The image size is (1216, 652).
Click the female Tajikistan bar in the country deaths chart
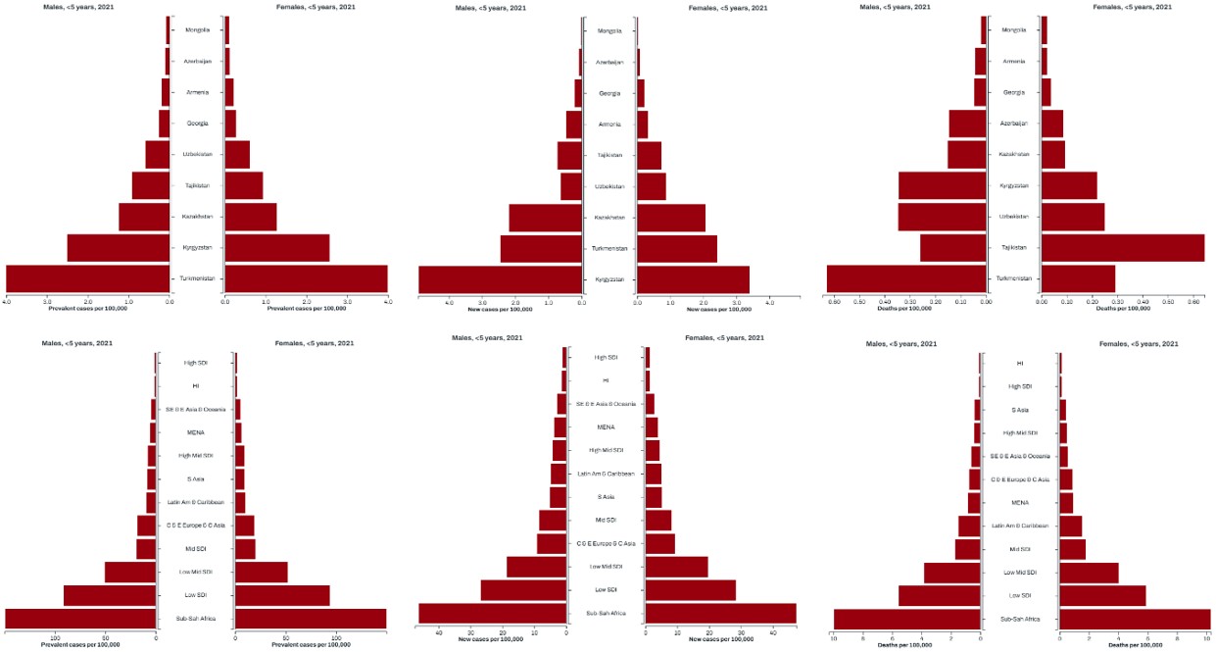[1122, 247]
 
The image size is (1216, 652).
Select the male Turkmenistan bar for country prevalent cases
[88, 278]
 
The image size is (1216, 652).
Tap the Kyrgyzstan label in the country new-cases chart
[609, 279]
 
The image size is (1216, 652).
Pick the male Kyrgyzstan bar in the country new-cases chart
[500, 279]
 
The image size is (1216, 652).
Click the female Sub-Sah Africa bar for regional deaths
[1134, 619]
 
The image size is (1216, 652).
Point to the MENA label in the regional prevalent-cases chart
[195, 432]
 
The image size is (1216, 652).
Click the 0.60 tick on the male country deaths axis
[835, 302]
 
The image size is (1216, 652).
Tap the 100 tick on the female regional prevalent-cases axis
[336, 638]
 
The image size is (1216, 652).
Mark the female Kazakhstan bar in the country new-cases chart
[671, 218]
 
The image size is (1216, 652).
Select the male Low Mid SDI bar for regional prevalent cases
[130, 572]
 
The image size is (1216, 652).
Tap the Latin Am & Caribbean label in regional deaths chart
[1019, 526]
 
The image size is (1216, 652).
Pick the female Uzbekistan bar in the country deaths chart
[1073, 216]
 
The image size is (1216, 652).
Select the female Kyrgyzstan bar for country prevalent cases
[277, 247]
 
